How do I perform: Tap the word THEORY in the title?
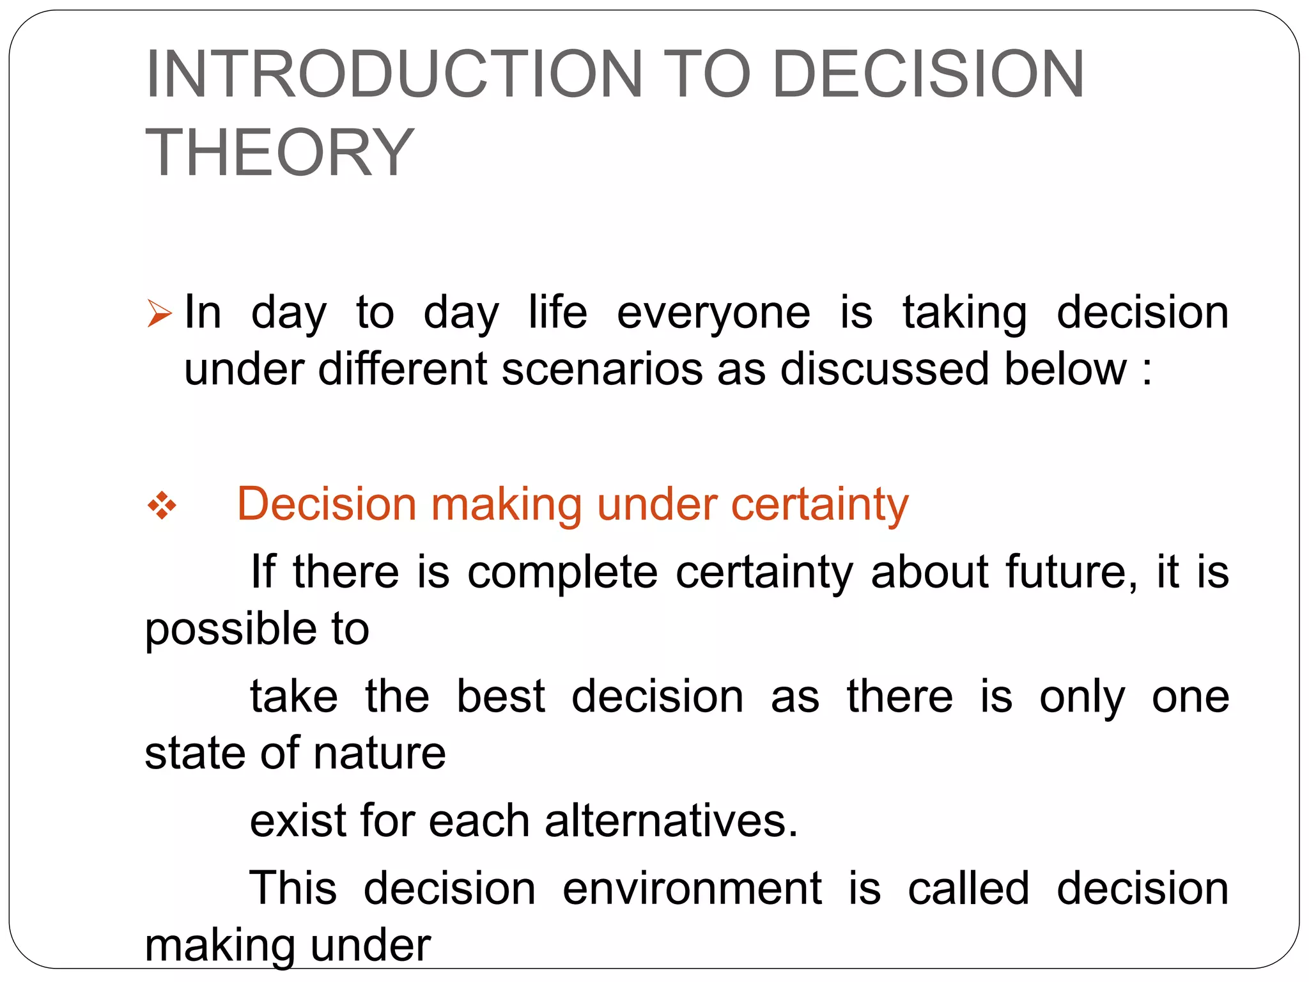[280, 152]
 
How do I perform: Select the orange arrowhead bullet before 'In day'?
[159, 313]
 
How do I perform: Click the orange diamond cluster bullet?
[162, 506]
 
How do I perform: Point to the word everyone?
[713, 313]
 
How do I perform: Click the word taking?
[964, 313]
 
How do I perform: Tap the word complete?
[562, 572]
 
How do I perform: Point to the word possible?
[230, 629]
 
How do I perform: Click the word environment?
[692, 888]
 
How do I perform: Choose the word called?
[968, 888]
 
